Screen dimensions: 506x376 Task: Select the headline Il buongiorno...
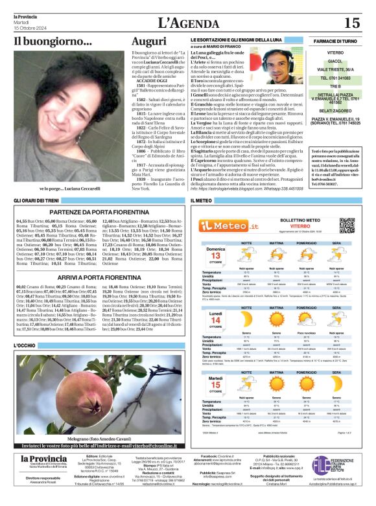click(53, 43)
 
